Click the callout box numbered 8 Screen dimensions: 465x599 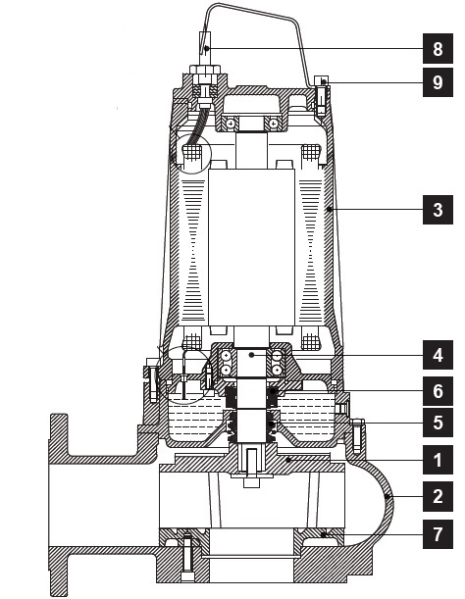(438, 48)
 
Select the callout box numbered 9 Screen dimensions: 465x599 (438, 82)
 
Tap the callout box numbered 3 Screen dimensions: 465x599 (438, 210)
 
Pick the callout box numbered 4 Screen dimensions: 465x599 (438, 355)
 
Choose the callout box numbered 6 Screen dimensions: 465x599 (438, 391)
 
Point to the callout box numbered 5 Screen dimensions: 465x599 (438, 423)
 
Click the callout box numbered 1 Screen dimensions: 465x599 (438, 460)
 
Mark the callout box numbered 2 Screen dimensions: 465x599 (438, 496)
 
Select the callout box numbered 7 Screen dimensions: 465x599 (438, 534)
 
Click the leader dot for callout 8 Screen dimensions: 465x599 (206, 48)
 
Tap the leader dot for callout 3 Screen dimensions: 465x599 (330, 210)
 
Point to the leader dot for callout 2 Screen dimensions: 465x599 (387, 497)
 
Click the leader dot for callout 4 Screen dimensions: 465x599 (251, 355)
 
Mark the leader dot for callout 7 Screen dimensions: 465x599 (323, 534)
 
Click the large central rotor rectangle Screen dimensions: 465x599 (251, 248)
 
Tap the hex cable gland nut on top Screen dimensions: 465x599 (206, 70)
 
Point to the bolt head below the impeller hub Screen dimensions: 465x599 (251, 482)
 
